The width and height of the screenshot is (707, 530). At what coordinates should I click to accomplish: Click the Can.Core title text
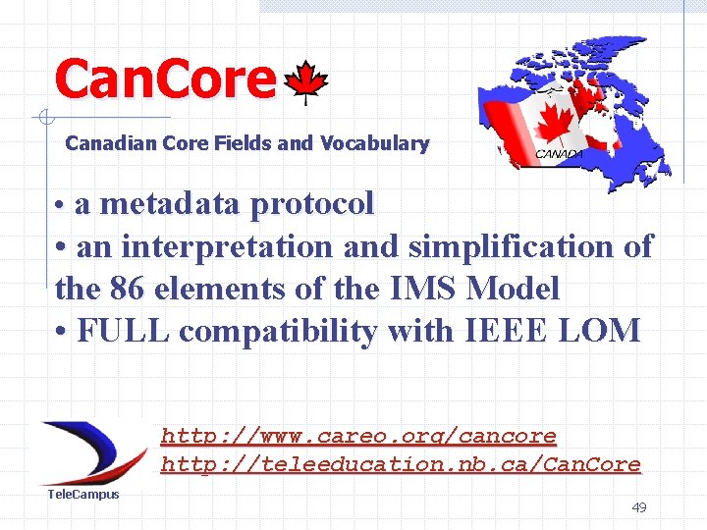pyautogui.click(x=165, y=79)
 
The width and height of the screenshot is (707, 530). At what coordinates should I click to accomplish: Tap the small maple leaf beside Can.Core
pyautogui.click(x=311, y=83)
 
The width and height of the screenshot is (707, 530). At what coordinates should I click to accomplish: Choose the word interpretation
pyautogui.click(x=227, y=245)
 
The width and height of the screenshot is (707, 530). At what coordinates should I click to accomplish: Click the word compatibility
pyautogui.click(x=281, y=332)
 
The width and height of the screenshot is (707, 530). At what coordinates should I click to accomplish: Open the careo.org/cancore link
pyautogui.click(x=358, y=435)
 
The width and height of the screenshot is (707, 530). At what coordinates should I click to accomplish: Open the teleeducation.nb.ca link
pyautogui.click(x=401, y=464)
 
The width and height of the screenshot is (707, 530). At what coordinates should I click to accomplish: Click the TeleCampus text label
pyautogui.click(x=83, y=494)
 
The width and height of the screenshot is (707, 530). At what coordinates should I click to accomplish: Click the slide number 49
pyautogui.click(x=638, y=507)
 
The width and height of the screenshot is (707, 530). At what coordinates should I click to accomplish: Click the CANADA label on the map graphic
pyautogui.click(x=559, y=154)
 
